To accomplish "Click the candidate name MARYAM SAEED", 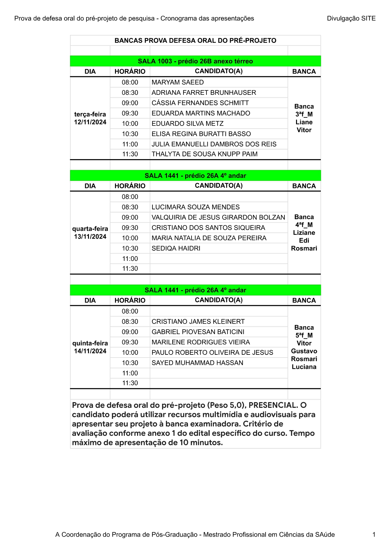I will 178,82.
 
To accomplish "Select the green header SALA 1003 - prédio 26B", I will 195,61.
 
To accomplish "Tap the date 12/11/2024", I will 90,122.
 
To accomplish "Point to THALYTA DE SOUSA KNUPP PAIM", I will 204,154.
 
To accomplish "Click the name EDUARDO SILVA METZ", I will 187,124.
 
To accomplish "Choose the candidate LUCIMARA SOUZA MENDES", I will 195,207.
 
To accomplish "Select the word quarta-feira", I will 90,229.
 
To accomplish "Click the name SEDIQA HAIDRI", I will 176,248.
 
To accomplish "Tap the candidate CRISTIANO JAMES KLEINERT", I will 198,321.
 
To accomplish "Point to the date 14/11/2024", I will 90,351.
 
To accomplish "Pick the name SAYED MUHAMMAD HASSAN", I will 197,363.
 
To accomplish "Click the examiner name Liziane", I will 304,233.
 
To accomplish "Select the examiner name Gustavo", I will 304,351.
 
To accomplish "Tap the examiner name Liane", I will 304,122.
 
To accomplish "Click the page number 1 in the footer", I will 374,535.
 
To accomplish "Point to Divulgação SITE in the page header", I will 351,19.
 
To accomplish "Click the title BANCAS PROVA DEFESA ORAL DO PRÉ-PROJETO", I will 195,41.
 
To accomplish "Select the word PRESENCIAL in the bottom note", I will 272,405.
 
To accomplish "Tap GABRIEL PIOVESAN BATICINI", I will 198,332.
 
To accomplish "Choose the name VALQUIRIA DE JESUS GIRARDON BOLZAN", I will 218,218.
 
